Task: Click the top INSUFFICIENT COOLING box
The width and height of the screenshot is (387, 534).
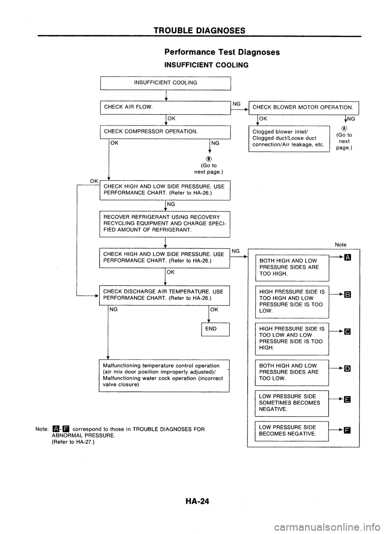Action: pyautogui.click(x=165, y=83)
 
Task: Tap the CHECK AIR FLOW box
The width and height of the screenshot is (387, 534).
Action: pyautogui.click(x=165, y=107)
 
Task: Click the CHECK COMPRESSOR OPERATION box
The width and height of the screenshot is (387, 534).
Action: pyautogui.click(x=165, y=131)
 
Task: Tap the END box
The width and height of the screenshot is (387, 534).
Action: pyautogui.click(x=211, y=329)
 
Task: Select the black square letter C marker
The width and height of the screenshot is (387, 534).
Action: pyautogui.click(x=347, y=332)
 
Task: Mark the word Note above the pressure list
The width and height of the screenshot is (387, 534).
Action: pyautogui.click(x=341, y=245)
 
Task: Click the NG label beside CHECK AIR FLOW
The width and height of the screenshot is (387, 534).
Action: pyautogui.click(x=237, y=104)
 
